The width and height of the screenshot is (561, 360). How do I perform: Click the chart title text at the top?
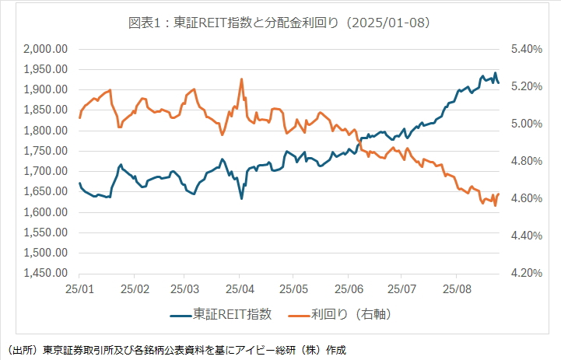[279, 23]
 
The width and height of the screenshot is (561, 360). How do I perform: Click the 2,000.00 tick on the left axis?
[44, 49]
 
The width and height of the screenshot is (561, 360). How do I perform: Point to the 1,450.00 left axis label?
[44, 274]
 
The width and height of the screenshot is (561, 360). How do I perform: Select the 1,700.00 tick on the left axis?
[44, 171]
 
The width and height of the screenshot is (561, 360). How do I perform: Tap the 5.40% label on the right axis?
[526, 49]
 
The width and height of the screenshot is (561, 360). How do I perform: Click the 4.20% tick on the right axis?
[526, 274]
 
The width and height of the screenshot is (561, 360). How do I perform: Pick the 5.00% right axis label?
[526, 124]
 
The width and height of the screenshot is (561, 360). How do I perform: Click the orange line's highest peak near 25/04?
[241, 79]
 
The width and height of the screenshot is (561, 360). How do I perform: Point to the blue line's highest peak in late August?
[496, 73]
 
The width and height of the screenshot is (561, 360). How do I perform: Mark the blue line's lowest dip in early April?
[241, 198]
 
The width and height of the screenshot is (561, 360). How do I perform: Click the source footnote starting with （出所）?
[175, 349]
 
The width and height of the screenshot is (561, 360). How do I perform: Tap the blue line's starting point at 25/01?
[79, 183]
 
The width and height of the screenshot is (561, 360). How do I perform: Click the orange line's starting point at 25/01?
[79, 117]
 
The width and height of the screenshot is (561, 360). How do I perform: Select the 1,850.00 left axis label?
[44, 110]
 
